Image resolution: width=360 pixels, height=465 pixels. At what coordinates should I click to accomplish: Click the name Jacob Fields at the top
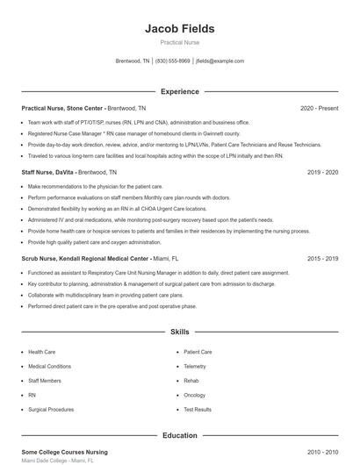pyautogui.click(x=179, y=28)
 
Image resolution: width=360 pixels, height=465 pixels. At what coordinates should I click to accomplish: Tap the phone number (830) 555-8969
pyautogui.click(x=174, y=61)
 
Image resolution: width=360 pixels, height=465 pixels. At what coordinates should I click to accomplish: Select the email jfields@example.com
pyautogui.click(x=220, y=61)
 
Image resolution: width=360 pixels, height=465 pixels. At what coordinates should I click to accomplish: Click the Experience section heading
pyautogui.click(x=179, y=91)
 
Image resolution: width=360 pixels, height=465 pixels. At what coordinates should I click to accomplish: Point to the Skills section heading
pyautogui.click(x=179, y=333)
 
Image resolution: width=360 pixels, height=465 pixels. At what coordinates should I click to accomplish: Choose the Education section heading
pyautogui.click(x=179, y=435)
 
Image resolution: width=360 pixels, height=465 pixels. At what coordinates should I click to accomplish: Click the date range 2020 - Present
pyautogui.click(x=319, y=108)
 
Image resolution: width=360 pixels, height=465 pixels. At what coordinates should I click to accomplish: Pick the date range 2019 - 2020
pyautogui.click(x=322, y=173)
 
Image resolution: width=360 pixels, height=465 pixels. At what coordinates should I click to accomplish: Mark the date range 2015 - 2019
pyautogui.click(x=322, y=260)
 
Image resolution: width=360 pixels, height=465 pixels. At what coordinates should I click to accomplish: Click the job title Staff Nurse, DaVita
pyautogui.click(x=48, y=173)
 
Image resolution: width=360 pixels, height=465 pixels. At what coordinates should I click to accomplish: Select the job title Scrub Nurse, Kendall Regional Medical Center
pyautogui.click(x=85, y=260)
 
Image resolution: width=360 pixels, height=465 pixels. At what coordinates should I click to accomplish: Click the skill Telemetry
pyautogui.click(x=195, y=366)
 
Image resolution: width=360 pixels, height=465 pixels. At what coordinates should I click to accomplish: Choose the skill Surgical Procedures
pyautogui.click(x=51, y=409)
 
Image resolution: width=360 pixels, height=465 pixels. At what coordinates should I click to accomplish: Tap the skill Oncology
pyautogui.click(x=195, y=395)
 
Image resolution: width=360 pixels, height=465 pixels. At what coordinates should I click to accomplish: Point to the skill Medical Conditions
pyautogui.click(x=49, y=366)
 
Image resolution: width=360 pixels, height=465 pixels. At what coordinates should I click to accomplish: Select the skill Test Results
pyautogui.click(x=198, y=409)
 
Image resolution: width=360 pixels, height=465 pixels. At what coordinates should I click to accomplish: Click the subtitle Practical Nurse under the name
pyautogui.click(x=179, y=43)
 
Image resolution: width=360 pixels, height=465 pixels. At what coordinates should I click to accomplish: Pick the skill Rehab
pyautogui.click(x=191, y=381)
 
